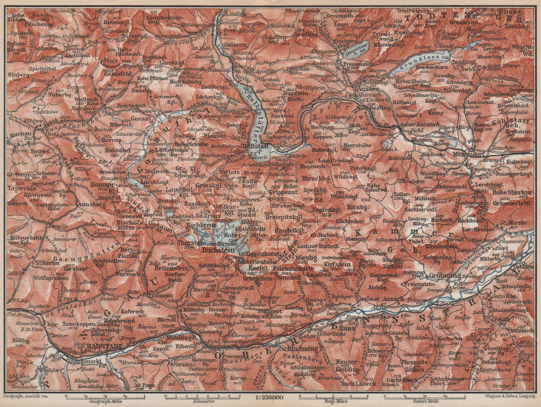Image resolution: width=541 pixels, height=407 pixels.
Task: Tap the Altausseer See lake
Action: pyautogui.click(x=354, y=49)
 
